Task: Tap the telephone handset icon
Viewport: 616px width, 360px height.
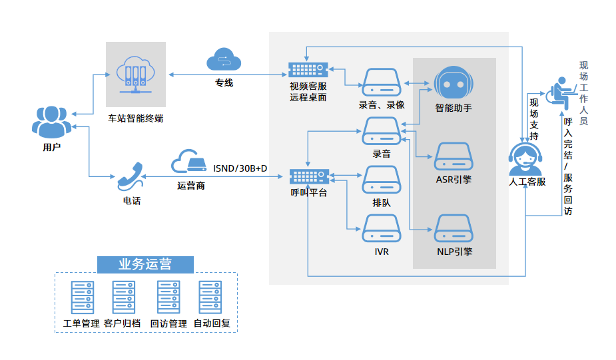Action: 131,175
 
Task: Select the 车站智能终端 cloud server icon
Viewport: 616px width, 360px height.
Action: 135,74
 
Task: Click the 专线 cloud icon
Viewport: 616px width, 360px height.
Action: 223,59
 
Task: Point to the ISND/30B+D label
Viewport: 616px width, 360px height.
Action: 240,168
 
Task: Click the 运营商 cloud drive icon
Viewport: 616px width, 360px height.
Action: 189,162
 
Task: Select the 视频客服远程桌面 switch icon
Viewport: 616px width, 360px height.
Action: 308,69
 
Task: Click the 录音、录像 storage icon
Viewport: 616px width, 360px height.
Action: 381,81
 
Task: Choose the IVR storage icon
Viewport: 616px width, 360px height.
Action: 381,228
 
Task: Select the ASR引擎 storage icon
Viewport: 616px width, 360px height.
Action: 454,157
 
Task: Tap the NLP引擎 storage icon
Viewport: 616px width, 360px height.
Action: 454,228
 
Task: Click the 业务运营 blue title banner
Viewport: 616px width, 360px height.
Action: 145,264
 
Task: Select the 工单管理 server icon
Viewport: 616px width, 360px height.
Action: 82,297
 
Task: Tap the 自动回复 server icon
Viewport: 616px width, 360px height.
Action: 210,297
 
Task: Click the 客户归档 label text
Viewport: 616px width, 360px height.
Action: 122,323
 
